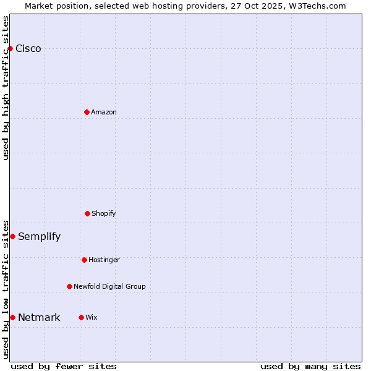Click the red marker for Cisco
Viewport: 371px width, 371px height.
[10, 48]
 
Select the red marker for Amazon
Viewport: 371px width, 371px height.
[87, 112]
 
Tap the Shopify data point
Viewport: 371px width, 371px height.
[87, 213]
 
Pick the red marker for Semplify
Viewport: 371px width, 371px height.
[12, 236]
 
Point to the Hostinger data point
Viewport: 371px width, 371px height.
[84, 260]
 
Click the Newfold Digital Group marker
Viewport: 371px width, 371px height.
[69, 286]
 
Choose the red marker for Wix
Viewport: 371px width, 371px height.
[81, 317]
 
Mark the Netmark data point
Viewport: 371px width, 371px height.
[12, 317]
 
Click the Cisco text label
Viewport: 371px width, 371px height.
[28, 49]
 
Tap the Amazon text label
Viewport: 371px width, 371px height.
[104, 112]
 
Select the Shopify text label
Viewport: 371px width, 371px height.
[104, 214]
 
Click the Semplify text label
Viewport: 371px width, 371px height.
[40, 237]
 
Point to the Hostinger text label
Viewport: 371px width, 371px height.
[104, 260]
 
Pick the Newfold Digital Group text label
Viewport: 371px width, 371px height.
[109, 286]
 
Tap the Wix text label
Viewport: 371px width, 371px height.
[92, 317]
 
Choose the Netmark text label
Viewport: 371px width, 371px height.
[39, 318]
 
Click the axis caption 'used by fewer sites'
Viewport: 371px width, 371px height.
[64, 366]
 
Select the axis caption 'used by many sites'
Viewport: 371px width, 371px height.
[310, 366]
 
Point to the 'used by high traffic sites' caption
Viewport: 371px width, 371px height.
[6, 88]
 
